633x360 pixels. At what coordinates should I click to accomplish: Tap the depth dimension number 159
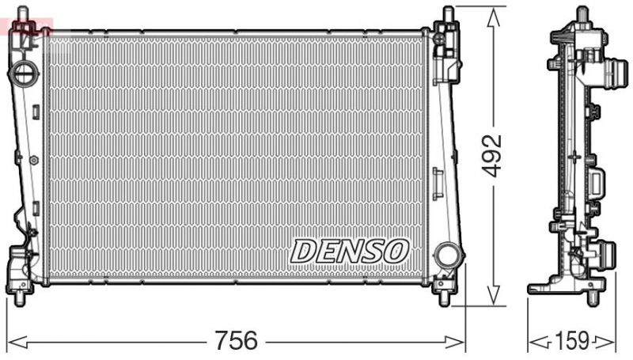tap(572, 342)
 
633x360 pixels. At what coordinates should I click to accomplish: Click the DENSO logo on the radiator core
tap(349, 251)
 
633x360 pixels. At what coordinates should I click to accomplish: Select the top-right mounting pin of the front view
tap(449, 13)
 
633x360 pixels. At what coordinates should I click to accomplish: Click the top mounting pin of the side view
tap(582, 14)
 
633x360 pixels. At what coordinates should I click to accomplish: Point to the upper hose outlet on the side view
tap(608, 78)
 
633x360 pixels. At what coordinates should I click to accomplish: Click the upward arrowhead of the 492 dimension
tap(495, 13)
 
